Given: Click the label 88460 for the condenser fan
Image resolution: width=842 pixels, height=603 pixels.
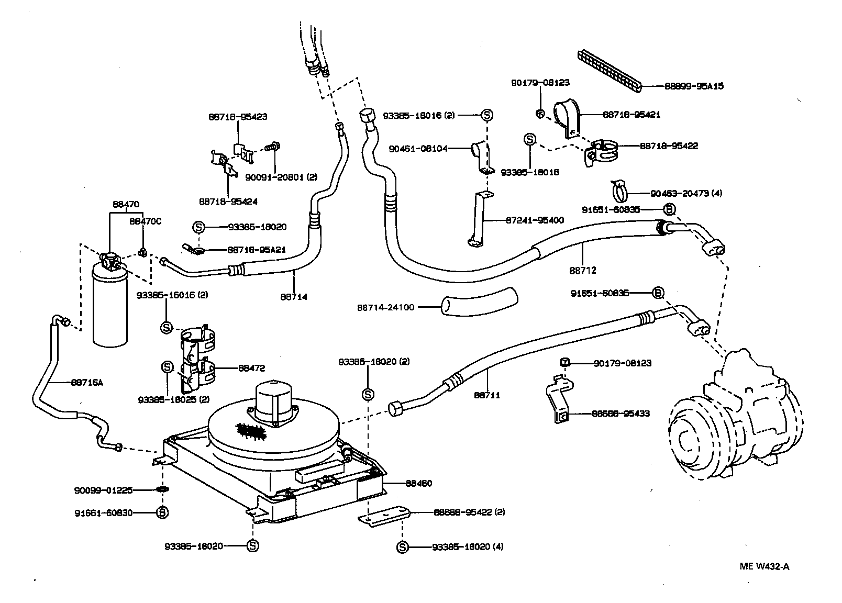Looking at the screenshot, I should (x=418, y=483).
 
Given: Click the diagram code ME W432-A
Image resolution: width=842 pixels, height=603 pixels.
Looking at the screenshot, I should (x=764, y=566).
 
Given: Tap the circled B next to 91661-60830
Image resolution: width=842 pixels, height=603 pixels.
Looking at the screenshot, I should (x=162, y=512).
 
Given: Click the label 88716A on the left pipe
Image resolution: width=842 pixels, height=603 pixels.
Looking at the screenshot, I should (x=87, y=382).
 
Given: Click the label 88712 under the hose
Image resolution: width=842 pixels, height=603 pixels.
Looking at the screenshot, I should (x=583, y=271).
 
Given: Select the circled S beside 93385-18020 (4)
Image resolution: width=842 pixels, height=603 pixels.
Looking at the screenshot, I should (x=402, y=547).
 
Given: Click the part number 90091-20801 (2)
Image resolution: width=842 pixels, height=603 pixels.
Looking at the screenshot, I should (x=281, y=177).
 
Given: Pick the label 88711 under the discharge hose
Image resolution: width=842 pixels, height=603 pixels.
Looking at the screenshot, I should (x=487, y=395).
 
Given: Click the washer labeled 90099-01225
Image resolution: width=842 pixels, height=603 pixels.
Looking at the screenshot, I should (x=162, y=490).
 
